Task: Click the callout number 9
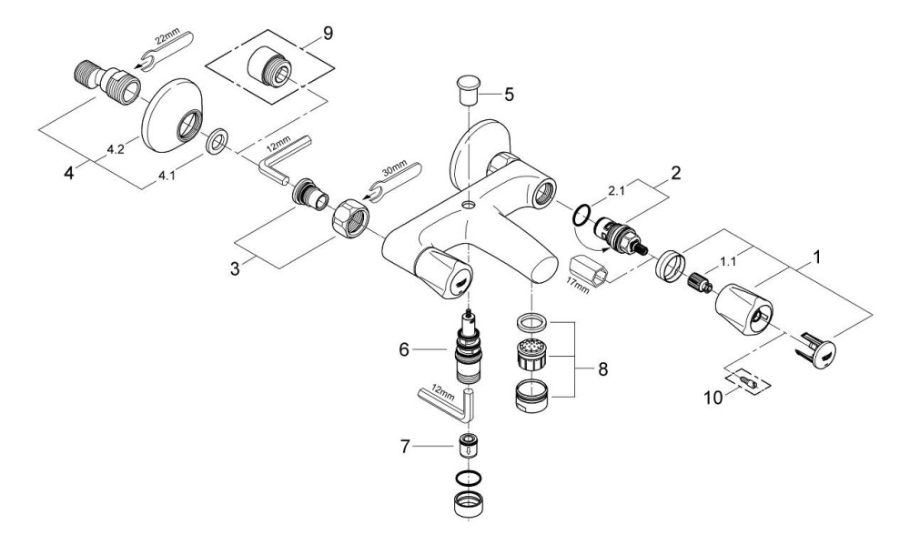[x=328, y=34]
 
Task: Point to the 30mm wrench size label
[x=395, y=170]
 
